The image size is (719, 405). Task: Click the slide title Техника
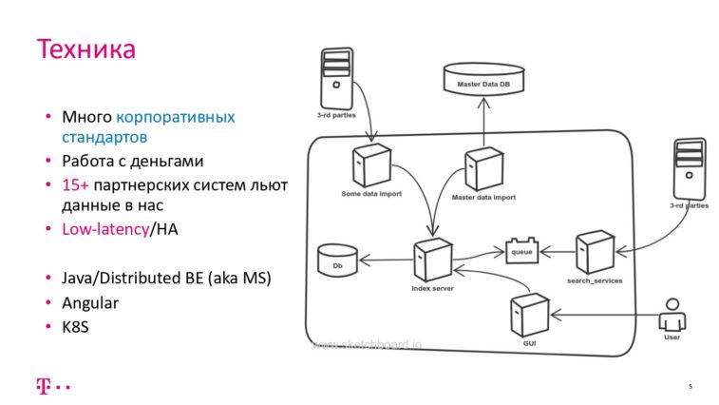(x=85, y=48)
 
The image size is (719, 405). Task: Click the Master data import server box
(x=482, y=168)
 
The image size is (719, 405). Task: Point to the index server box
(x=432, y=259)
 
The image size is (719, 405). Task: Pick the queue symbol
(x=521, y=252)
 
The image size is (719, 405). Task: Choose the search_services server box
(x=594, y=252)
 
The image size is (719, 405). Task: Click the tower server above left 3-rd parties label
(x=335, y=78)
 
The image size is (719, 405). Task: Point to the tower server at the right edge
(x=689, y=168)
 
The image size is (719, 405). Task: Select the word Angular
(x=91, y=303)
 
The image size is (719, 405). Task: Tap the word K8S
(x=78, y=328)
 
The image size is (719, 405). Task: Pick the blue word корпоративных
(x=176, y=118)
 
